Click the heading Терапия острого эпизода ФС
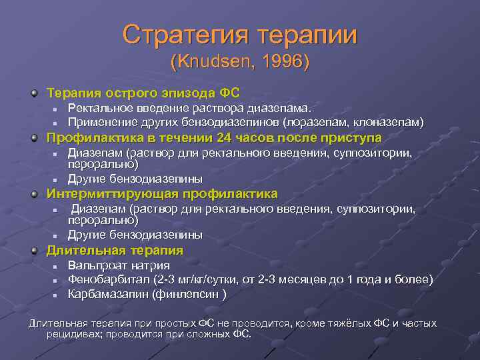143,91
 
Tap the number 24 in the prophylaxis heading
225,138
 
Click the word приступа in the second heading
357,138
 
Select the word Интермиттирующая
113,194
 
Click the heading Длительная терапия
114,250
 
